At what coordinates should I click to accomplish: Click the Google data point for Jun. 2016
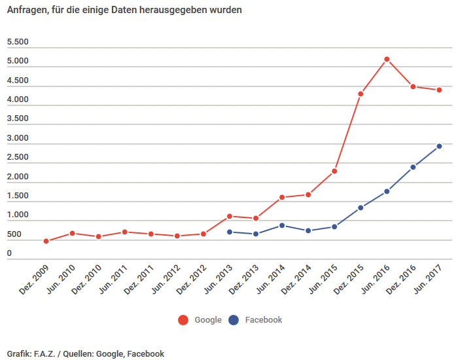click(x=387, y=59)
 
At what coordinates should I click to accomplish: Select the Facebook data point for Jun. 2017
click(x=439, y=146)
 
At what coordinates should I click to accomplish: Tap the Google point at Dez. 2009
click(x=46, y=241)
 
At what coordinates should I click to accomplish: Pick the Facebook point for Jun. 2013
click(x=230, y=232)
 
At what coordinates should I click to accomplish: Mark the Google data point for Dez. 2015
click(x=360, y=94)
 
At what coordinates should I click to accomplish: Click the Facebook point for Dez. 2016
click(x=413, y=167)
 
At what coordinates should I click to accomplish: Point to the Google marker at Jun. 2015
click(x=334, y=171)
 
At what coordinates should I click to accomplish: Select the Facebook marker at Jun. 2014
click(x=282, y=225)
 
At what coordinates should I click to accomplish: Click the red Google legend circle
click(x=183, y=320)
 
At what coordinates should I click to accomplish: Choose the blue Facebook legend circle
click(x=234, y=320)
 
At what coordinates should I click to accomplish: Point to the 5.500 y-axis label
click(x=18, y=43)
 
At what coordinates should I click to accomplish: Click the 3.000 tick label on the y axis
click(x=18, y=139)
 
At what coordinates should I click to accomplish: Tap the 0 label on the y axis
click(x=9, y=254)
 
